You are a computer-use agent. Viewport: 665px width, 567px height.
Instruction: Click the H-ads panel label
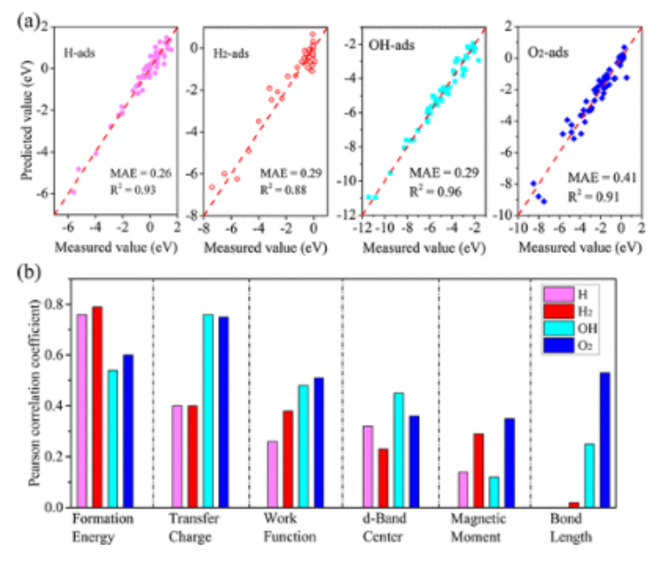80,52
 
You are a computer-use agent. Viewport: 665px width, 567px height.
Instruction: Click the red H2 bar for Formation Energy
97,406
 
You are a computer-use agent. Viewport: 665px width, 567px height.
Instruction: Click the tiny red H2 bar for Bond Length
572,504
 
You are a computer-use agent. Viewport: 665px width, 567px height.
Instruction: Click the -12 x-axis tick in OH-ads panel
368,228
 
